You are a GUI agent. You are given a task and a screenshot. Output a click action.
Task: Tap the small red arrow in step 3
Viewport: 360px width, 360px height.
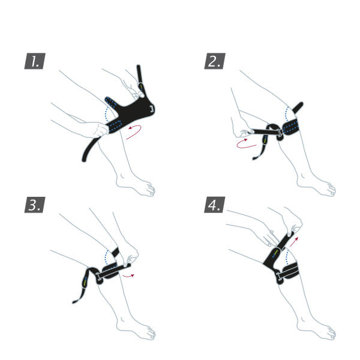pos(128,275)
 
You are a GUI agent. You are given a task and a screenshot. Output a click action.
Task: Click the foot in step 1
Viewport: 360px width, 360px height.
pos(137,186)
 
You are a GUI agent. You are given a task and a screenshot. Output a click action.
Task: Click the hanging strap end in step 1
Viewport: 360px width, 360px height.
pos(89,150)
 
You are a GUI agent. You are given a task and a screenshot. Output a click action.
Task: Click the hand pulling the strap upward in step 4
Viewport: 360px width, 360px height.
pos(292,225)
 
